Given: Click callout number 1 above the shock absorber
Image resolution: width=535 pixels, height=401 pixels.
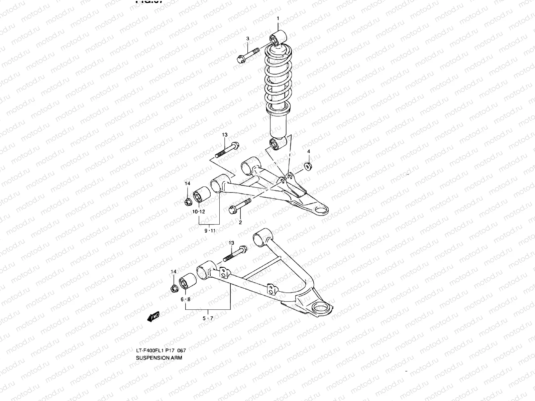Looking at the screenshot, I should [278, 18].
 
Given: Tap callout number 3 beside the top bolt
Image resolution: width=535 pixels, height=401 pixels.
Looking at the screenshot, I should [248, 39].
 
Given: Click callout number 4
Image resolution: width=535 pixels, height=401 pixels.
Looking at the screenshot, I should [309, 151].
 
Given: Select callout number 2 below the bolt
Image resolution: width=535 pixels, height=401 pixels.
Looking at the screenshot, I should [240, 222].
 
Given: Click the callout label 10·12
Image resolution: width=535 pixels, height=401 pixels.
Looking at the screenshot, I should [198, 212].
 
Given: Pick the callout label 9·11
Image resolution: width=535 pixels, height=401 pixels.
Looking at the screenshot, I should [210, 230].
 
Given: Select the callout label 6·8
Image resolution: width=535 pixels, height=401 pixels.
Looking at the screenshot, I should [186, 299].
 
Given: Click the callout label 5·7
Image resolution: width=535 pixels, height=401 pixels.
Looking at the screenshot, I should [208, 318].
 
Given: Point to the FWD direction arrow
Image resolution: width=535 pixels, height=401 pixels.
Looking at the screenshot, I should [153, 316].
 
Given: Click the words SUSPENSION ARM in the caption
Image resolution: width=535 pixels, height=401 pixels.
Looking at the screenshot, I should [159, 358].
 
